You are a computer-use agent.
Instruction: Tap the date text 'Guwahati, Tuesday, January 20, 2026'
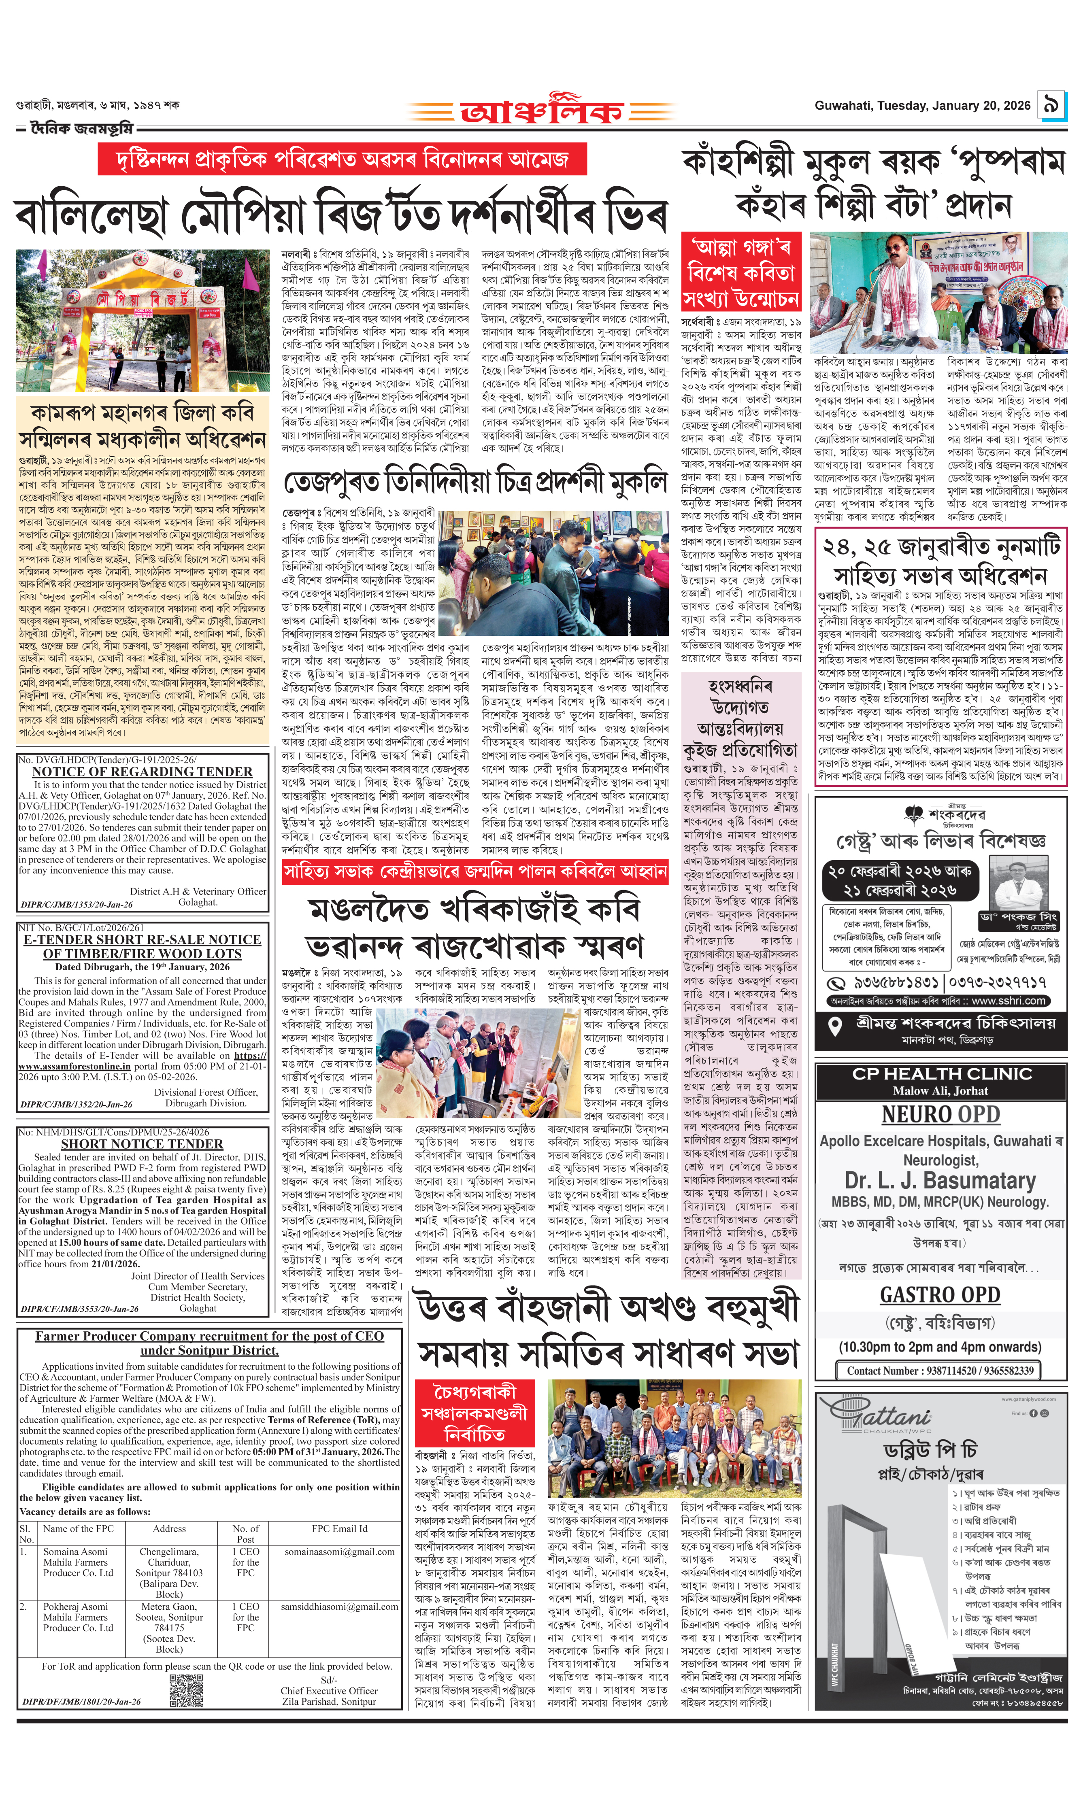922,106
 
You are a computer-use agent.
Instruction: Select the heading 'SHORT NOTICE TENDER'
142,1144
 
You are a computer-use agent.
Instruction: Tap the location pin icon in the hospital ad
836,1026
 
